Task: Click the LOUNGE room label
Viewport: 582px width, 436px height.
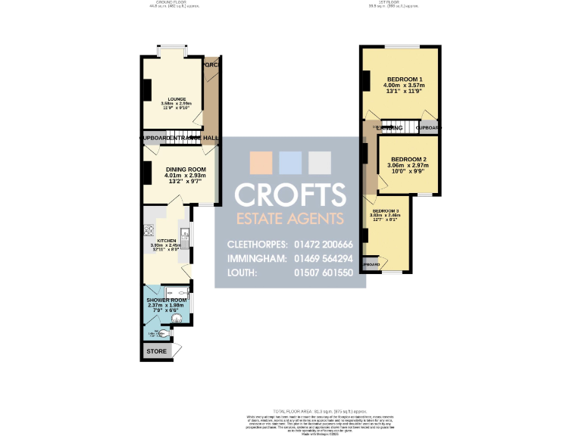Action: point(177,98)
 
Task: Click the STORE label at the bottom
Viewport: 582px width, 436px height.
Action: point(156,351)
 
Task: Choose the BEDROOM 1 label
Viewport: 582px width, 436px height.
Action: point(405,79)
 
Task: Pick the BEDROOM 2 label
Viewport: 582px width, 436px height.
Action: point(408,159)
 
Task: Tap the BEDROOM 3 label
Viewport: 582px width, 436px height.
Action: point(386,210)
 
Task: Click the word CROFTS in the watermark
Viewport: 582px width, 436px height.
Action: point(290,194)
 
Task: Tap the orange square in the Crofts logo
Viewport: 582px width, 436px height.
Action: point(261,163)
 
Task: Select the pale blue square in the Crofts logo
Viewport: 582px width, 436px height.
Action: point(290,163)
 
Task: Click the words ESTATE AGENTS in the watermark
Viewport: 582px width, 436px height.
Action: point(290,219)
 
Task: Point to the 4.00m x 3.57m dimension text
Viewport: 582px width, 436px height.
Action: point(405,86)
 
